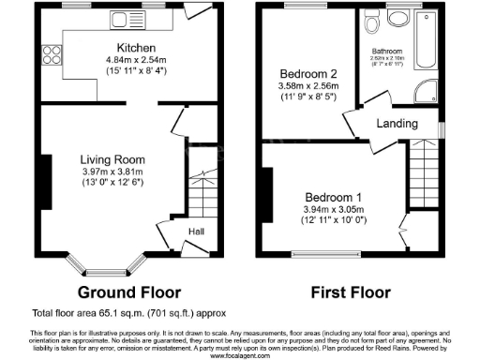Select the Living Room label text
pos(110,158)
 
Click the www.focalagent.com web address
pos(240,356)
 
